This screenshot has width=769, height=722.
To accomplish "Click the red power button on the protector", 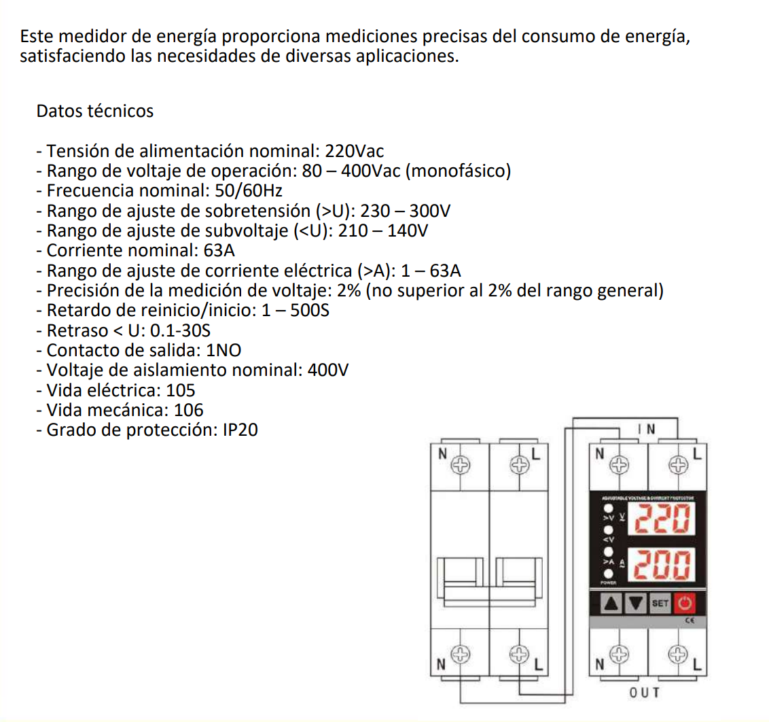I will tap(685, 603).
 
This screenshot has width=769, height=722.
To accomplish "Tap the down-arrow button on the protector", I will tap(637, 603).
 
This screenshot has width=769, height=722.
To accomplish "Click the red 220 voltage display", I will tap(662, 521).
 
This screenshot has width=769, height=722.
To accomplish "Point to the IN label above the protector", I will tap(647, 429).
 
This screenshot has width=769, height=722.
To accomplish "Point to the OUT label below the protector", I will tap(645, 692).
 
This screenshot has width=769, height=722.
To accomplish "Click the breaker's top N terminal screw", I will tap(461, 466).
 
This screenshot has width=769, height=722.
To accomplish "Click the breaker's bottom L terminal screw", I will tap(519, 655).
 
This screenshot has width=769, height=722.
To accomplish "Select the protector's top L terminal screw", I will tap(677, 466).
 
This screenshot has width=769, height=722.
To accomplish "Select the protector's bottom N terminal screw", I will tap(619, 655).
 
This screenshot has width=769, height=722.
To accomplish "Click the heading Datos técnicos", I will tap(95, 111).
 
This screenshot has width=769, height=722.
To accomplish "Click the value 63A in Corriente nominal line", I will tap(219, 250).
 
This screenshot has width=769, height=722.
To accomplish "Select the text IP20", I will tap(240, 430).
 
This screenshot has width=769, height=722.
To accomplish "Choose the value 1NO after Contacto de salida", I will tap(223, 350).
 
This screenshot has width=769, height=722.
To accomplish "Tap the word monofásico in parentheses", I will tap(459, 171).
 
